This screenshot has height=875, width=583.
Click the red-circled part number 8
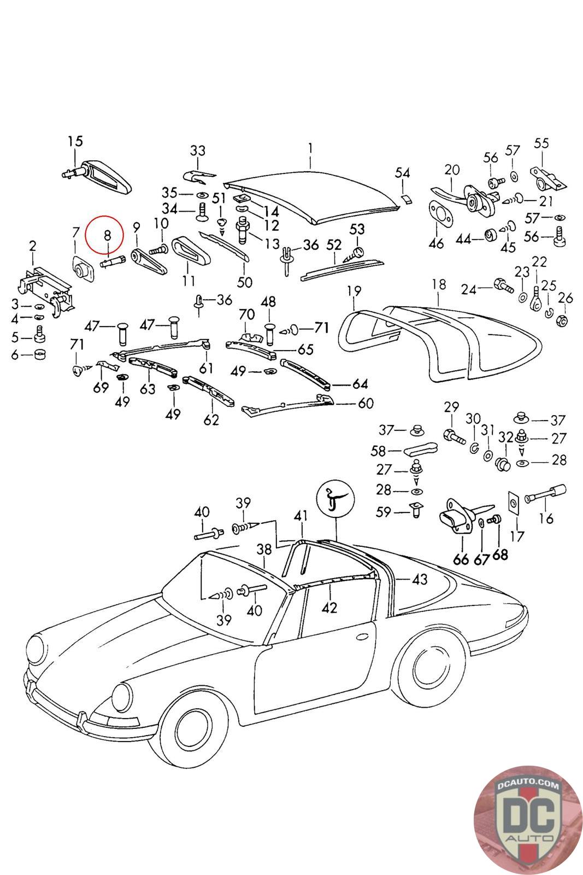[107, 236]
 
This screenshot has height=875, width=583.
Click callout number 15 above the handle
[75, 142]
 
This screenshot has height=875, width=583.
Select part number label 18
[439, 284]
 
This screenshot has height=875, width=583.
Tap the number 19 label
[354, 290]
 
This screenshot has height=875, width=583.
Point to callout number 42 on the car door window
[329, 607]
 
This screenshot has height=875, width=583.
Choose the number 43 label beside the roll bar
[420, 579]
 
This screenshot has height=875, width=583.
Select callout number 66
[461, 558]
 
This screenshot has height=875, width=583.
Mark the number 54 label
[403, 173]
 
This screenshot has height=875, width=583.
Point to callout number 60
[366, 404]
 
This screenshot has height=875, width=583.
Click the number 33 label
[197, 150]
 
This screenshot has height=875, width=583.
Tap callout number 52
[334, 244]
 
